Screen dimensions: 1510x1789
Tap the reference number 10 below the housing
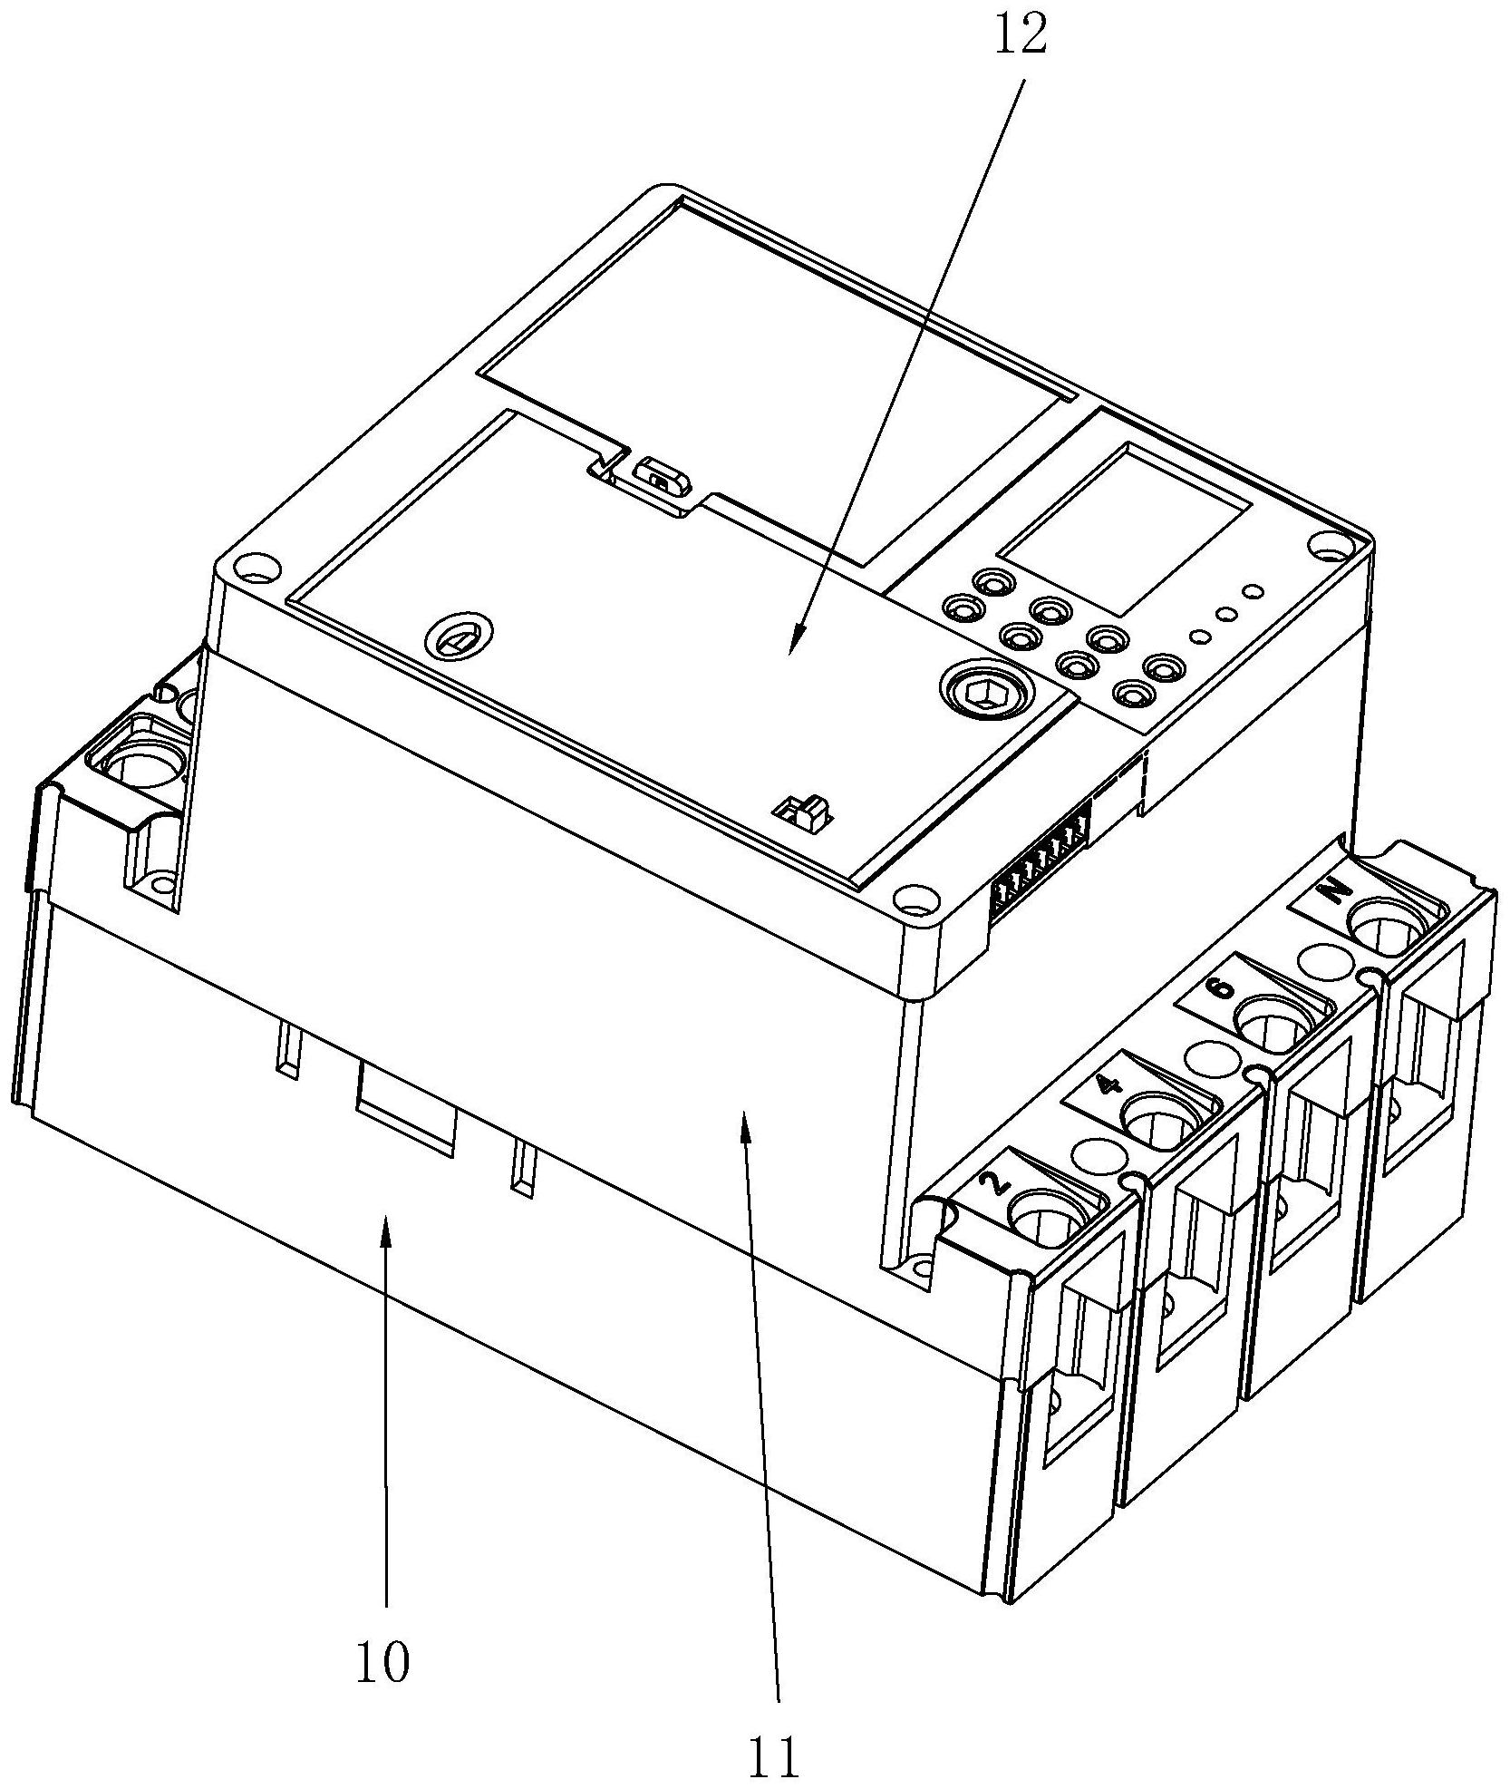(x=382, y=1662)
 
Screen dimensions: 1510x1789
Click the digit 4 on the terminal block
(x=1106, y=1085)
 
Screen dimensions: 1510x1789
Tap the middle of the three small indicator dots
(x=1227, y=614)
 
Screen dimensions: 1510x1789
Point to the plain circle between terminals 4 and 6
(x=1205, y=1055)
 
